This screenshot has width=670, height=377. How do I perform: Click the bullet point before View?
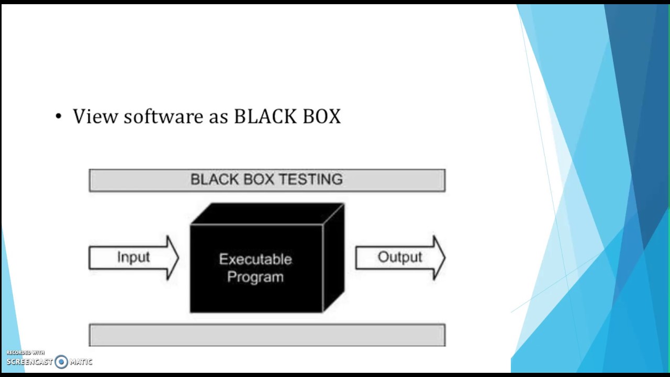click(58, 117)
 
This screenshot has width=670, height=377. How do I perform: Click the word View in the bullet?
click(95, 116)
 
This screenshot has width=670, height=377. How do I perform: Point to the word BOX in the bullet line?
click(322, 116)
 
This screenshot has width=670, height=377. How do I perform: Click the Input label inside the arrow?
click(133, 258)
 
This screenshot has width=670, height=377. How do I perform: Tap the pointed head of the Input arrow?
click(178, 258)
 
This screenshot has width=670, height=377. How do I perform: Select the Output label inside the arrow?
click(400, 258)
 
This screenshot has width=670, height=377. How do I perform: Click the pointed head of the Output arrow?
click(445, 258)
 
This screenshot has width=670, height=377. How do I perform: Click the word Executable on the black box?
click(255, 259)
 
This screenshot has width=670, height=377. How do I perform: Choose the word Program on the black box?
click(255, 277)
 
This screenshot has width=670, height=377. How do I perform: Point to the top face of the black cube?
click(267, 214)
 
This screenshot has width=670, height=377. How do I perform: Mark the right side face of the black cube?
click(334, 257)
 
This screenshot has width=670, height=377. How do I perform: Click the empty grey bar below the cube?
click(267, 335)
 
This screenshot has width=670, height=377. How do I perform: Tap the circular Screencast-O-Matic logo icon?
click(61, 362)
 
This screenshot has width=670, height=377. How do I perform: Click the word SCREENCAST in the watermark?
click(30, 362)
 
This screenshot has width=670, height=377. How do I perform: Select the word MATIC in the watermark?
click(81, 362)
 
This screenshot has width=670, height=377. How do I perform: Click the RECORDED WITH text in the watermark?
click(26, 352)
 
